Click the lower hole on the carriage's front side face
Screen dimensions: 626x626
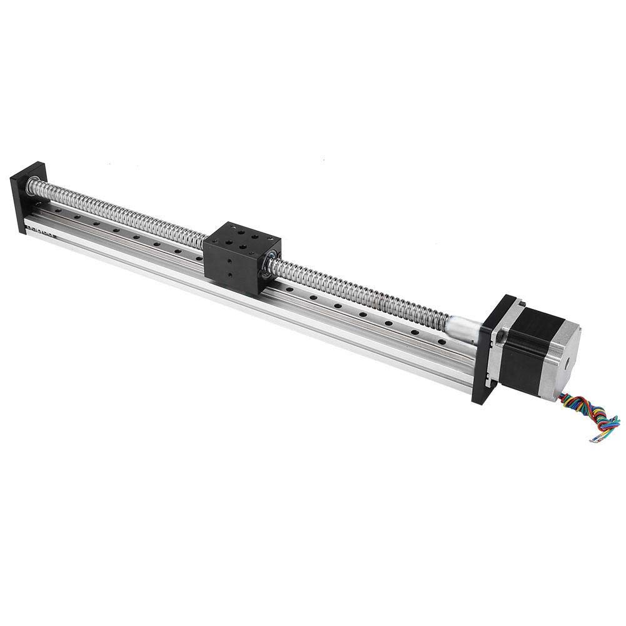coord(232,275)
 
